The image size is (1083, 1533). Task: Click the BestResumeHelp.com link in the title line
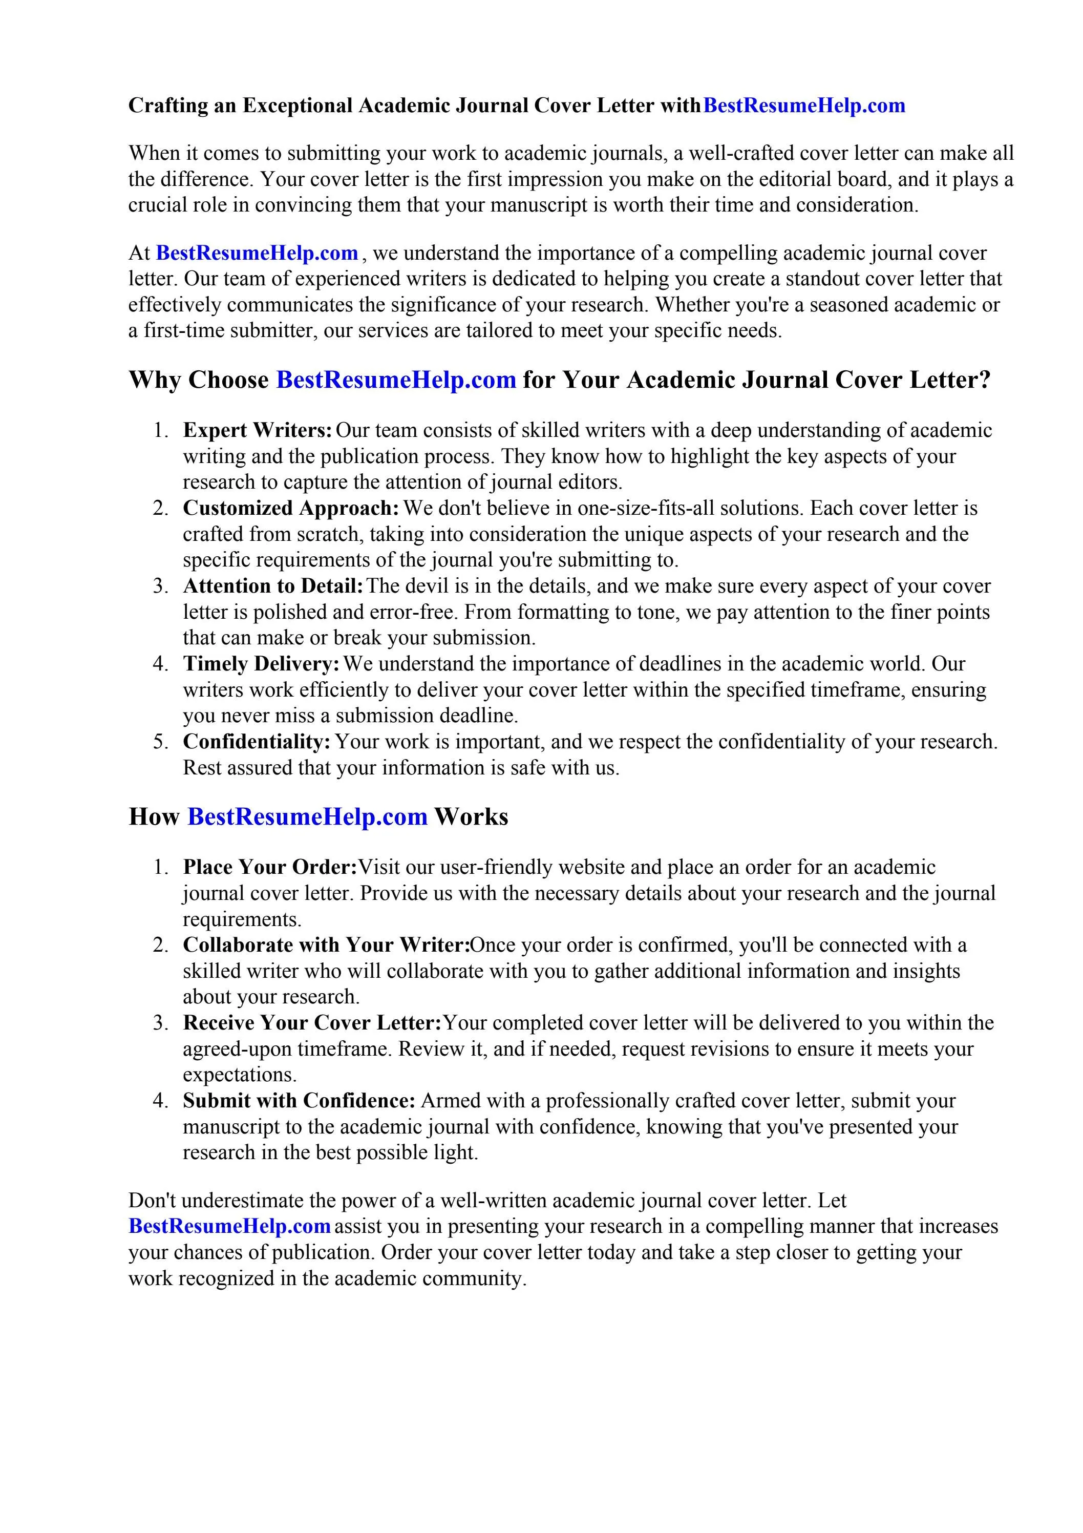(804, 106)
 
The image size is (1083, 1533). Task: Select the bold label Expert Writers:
(258, 431)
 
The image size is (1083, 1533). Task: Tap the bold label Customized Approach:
(291, 508)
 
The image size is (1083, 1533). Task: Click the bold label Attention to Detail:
(273, 586)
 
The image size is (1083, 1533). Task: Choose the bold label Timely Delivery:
(262, 664)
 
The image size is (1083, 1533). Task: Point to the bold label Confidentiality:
(257, 742)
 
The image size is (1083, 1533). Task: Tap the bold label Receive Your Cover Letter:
(312, 1023)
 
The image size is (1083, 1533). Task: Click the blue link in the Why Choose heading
(396, 380)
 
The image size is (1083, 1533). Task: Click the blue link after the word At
(257, 253)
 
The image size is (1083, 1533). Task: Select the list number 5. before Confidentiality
(160, 742)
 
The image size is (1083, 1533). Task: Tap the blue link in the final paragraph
(230, 1227)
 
